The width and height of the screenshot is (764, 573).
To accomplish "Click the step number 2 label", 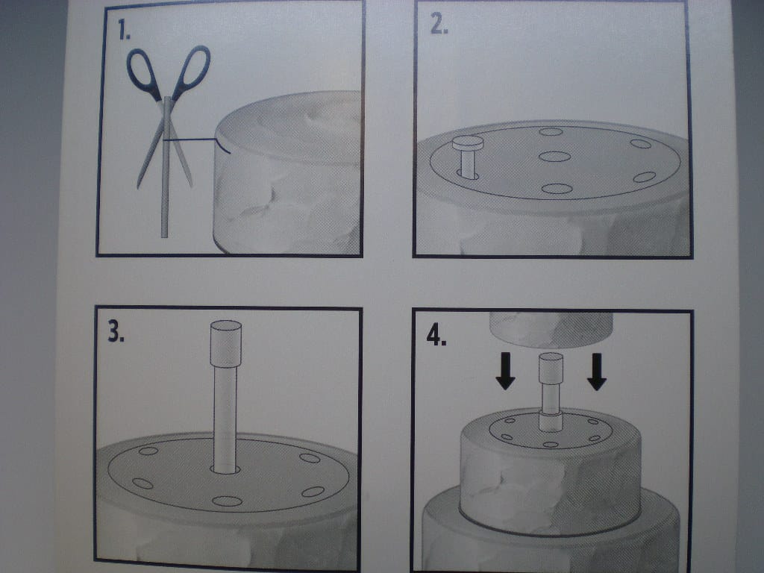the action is coord(439,24).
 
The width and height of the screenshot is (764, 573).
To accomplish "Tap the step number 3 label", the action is coord(116,332).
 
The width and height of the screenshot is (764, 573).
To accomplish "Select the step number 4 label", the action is coord(436,335).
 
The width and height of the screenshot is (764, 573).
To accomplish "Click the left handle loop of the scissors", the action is coord(143,73).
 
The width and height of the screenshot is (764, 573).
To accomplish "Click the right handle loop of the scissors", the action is coord(192,71).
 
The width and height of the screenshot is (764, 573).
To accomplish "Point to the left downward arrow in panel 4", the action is coord(505,371).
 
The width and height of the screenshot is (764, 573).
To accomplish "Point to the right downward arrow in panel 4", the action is coord(596,372).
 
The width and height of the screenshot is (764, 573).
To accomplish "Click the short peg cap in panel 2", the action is coord(468,143).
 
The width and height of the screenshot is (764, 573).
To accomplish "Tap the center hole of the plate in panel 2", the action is coord(555,157).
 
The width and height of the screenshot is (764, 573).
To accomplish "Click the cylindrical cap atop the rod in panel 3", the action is coord(225,343).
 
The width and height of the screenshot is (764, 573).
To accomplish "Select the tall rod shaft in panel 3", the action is coord(225,419).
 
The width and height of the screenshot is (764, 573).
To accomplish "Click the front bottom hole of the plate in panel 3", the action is coord(227,501).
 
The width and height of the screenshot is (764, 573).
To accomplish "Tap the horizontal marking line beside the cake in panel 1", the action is coord(191,140).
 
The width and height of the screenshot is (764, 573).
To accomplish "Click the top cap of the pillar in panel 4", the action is coord(551,368).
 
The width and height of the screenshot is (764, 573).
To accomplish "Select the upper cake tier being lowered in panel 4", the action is coord(551,330).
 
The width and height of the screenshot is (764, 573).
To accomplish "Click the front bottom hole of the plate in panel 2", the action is coord(557,189).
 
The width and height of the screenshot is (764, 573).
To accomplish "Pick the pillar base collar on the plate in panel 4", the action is coord(551,422).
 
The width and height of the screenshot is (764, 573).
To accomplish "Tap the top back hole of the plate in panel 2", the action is coord(551,131).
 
